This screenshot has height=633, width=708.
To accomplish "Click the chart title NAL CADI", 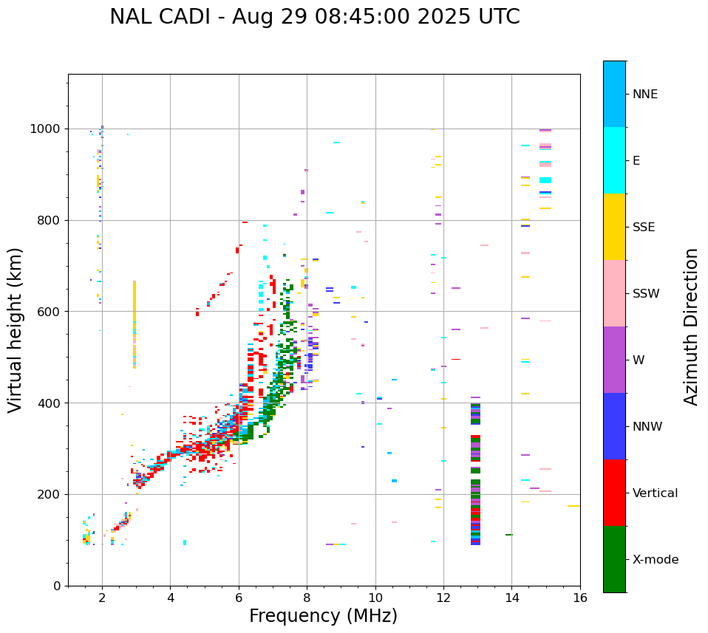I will pyautogui.click(x=314, y=17).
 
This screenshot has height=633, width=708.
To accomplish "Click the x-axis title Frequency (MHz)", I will pyautogui.click(x=323, y=616).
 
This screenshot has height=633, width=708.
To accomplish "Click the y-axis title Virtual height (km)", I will pyautogui.click(x=16, y=330).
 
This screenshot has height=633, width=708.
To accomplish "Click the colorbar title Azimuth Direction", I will pyautogui.click(x=691, y=326).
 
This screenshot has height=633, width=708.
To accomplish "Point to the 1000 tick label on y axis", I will pyautogui.click(x=46, y=129).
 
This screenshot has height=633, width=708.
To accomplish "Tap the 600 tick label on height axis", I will pyautogui.click(x=50, y=312).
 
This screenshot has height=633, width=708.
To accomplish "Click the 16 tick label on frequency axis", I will pyautogui.click(x=580, y=598).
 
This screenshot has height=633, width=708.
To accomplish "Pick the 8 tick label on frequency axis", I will pyautogui.click(x=307, y=598).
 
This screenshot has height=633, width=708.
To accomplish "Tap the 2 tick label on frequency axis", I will pyautogui.click(x=102, y=598).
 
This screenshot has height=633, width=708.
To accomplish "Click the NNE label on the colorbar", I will pyautogui.click(x=644, y=95).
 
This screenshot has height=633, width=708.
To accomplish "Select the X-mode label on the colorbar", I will pyautogui.click(x=655, y=560).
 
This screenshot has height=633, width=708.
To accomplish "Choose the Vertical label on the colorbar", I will pyautogui.click(x=655, y=493).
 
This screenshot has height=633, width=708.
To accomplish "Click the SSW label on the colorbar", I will pyautogui.click(x=646, y=294).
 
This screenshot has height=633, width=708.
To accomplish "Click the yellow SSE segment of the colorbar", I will pyautogui.click(x=614, y=227).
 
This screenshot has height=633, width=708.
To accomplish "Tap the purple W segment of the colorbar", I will pyautogui.click(x=614, y=360).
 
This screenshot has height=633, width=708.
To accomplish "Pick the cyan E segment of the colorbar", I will pyautogui.click(x=614, y=160).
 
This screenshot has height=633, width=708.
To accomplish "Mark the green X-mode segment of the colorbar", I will pyautogui.click(x=614, y=559).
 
